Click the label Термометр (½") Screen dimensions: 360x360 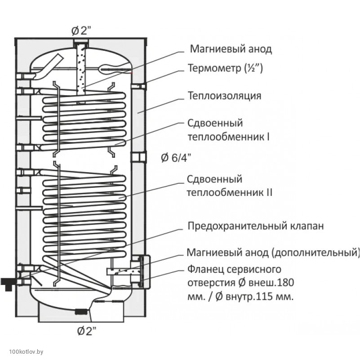click(224, 68)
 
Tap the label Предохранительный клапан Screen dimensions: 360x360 click(255, 226)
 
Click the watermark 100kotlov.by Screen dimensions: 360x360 click(22, 351)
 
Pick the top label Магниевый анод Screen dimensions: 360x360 click(231, 49)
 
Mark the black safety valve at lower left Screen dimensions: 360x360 click(9, 284)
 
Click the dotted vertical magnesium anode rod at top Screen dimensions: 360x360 click(81, 67)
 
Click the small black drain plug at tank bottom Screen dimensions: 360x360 click(81, 311)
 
